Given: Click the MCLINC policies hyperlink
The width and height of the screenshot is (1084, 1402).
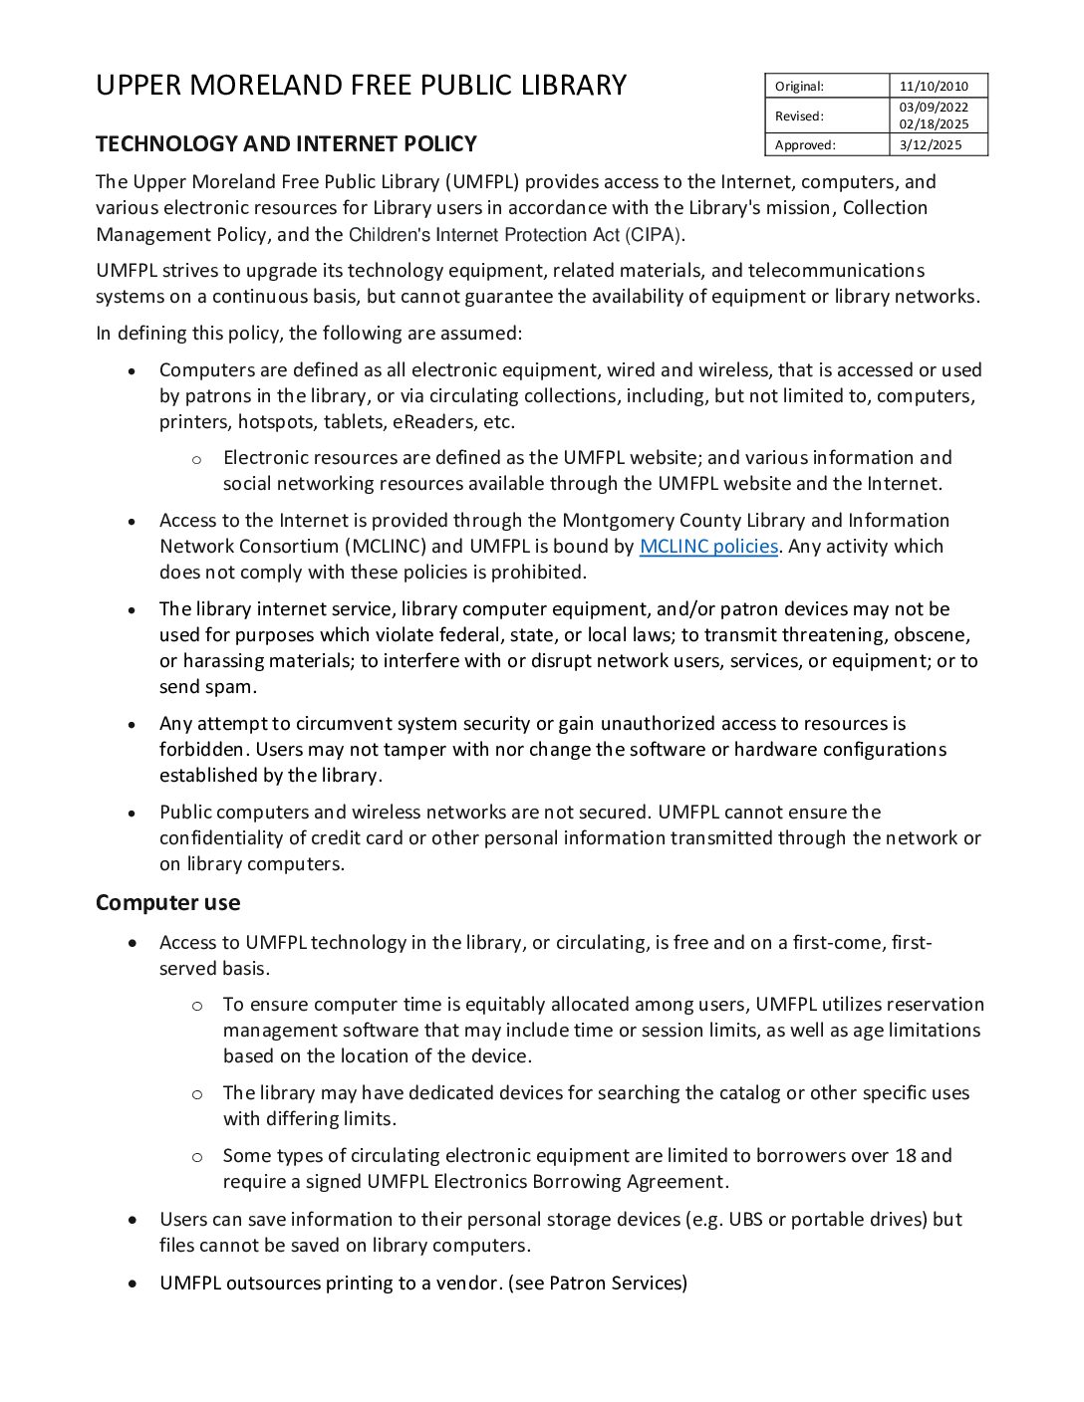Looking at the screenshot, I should click(x=708, y=547).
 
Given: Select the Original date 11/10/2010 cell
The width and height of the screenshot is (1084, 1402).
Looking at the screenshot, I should click(x=934, y=87).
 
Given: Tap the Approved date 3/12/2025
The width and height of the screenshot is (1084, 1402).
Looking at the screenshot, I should click(x=931, y=145).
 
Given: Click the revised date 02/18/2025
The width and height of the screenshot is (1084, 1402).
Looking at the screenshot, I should click(x=934, y=124).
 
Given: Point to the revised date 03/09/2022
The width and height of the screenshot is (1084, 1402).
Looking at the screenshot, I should click(x=934, y=108).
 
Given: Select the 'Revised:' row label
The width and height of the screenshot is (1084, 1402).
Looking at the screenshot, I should click(x=799, y=117).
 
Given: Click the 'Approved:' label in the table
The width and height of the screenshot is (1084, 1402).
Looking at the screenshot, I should click(x=805, y=145).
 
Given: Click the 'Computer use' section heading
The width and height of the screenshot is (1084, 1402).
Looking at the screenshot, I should click(x=167, y=903).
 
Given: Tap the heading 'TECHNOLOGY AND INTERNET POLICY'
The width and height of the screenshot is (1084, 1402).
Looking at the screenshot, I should click(x=286, y=144).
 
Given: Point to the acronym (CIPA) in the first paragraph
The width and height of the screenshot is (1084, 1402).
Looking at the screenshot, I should click(x=654, y=235).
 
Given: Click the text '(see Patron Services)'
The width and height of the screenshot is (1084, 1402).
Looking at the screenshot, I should click(x=598, y=1284).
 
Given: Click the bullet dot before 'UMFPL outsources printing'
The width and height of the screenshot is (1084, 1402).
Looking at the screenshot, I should click(x=133, y=1284).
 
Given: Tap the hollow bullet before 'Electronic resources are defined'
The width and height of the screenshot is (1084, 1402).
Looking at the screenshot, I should click(x=196, y=459).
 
